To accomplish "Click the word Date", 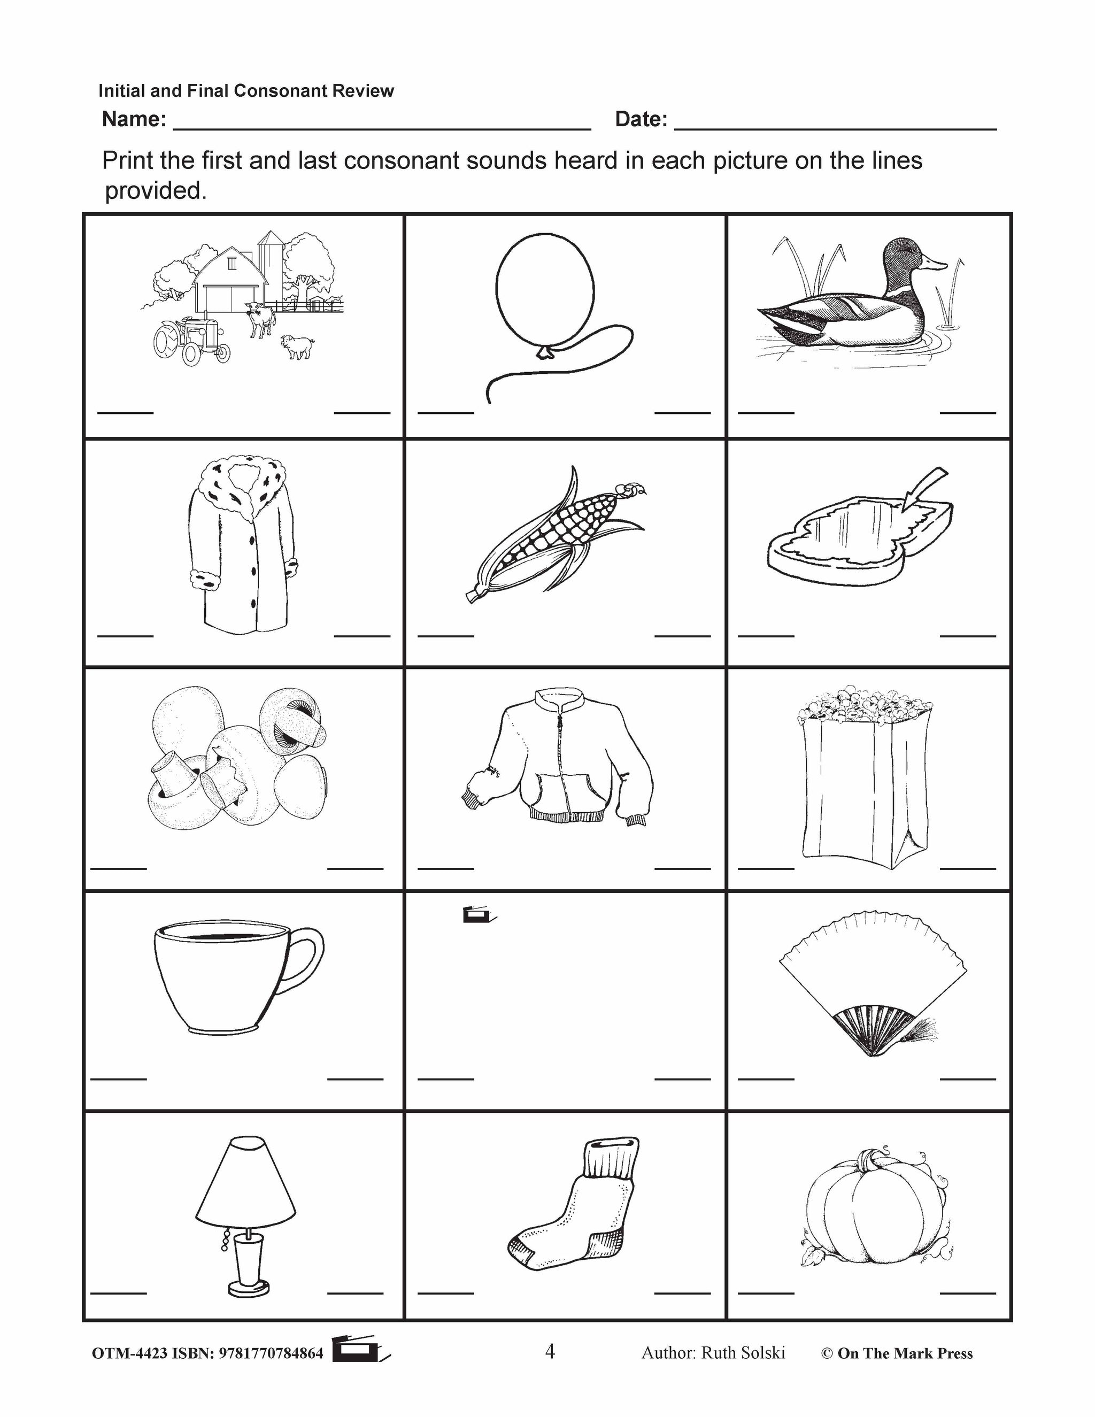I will pos(640,119).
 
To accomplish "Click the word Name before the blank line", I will pos(134,119).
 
